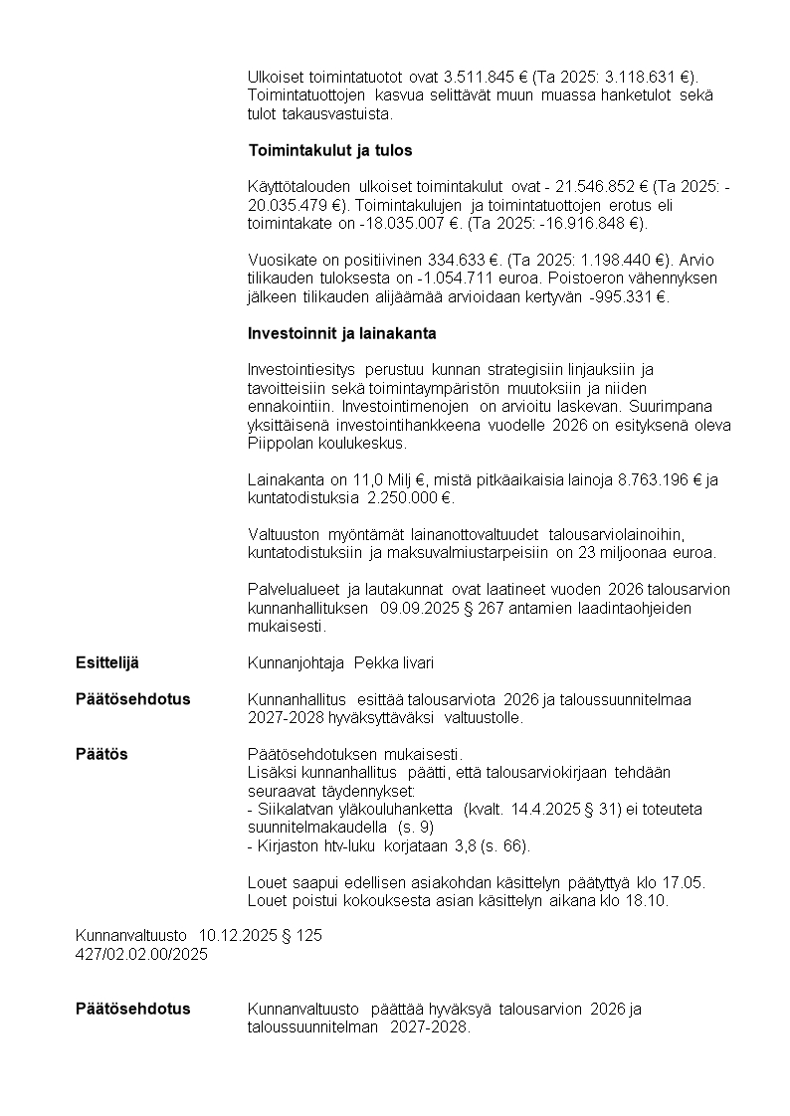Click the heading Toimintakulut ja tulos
tap(329, 151)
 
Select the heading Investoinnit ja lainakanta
tap(341, 333)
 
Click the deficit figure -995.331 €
tap(628, 296)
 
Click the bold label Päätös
tap(101, 754)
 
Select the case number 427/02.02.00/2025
tap(142, 954)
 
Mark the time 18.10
tap(649, 900)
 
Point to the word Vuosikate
tap(283, 261)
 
